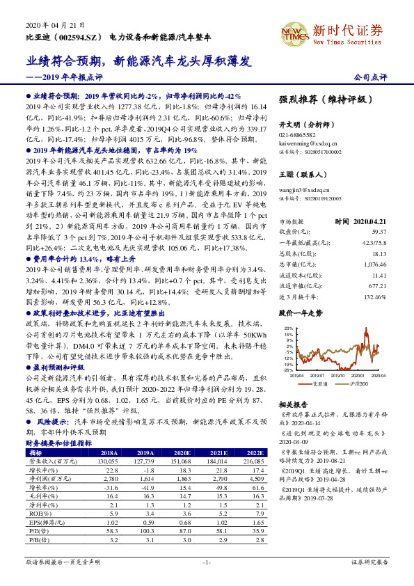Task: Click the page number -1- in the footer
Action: pos(207,562)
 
